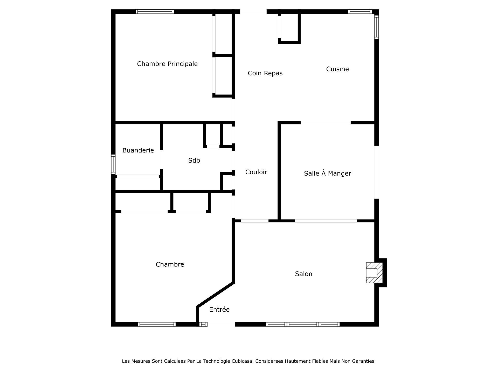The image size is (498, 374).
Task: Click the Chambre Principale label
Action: coord(167,64)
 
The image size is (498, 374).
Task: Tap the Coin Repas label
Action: coord(265,73)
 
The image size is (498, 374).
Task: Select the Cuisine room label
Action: coord(337,69)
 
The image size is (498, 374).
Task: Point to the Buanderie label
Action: coord(138,150)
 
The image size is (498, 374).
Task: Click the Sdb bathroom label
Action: coord(194,161)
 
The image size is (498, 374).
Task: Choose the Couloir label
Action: coord(256,172)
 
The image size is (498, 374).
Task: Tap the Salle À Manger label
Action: coord(327,173)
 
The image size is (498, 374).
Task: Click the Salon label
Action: coord(303,274)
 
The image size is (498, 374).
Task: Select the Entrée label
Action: coord(219,309)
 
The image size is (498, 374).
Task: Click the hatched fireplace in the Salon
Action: coord(374,273)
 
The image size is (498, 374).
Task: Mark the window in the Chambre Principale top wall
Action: coord(155,11)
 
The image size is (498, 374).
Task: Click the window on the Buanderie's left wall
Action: coord(113,164)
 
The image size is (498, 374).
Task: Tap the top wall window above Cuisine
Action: coord(360,11)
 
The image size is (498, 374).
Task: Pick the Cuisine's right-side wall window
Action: coord(377,27)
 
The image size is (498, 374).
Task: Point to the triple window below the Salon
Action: coord(303,324)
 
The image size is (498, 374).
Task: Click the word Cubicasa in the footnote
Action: coord(243,361)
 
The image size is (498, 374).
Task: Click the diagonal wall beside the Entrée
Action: coord(216,295)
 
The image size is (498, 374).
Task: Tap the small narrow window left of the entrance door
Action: coord(203,324)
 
